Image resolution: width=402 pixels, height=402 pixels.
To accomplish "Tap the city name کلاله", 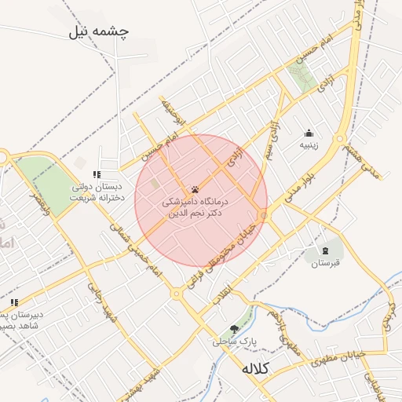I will (255, 368).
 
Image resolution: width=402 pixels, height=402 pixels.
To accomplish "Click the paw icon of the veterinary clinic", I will (195, 189).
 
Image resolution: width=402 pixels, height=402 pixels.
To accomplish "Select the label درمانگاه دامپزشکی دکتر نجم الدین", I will (192, 207).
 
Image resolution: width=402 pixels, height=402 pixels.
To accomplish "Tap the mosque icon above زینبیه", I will (309, 133).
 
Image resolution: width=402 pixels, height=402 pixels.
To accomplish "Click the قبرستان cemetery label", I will (324, 263).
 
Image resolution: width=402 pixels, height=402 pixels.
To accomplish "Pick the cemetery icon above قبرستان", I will (324, 250).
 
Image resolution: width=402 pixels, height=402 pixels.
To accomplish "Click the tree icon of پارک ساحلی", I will (234, 329).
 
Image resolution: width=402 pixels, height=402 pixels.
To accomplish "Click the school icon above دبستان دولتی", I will (97, 174).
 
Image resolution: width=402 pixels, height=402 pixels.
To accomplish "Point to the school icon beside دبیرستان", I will (13, 302).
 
